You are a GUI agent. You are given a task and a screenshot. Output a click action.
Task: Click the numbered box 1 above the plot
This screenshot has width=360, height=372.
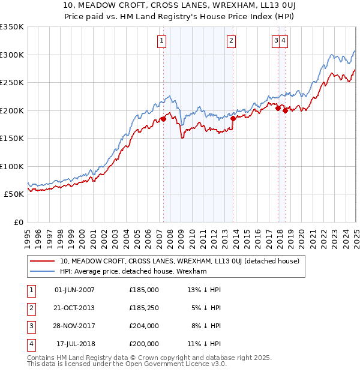(163, 41)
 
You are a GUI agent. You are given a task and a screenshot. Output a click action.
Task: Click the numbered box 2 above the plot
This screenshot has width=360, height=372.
(231, 41)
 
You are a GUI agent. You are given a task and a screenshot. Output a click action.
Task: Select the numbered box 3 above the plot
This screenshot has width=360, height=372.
(276, 41)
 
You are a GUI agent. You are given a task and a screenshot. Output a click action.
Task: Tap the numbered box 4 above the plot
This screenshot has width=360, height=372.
(283, 41)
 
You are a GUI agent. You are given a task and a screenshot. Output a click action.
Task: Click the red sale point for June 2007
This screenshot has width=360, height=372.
(163, 119)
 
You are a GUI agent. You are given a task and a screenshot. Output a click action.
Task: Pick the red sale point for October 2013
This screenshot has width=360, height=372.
(233, 119)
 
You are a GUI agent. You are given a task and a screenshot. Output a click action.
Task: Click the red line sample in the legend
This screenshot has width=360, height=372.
(43, 261)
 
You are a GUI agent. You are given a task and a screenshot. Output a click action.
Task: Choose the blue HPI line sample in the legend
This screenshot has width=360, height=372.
(43, 271)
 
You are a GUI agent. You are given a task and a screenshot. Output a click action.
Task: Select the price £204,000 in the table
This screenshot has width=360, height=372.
(143, 326)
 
